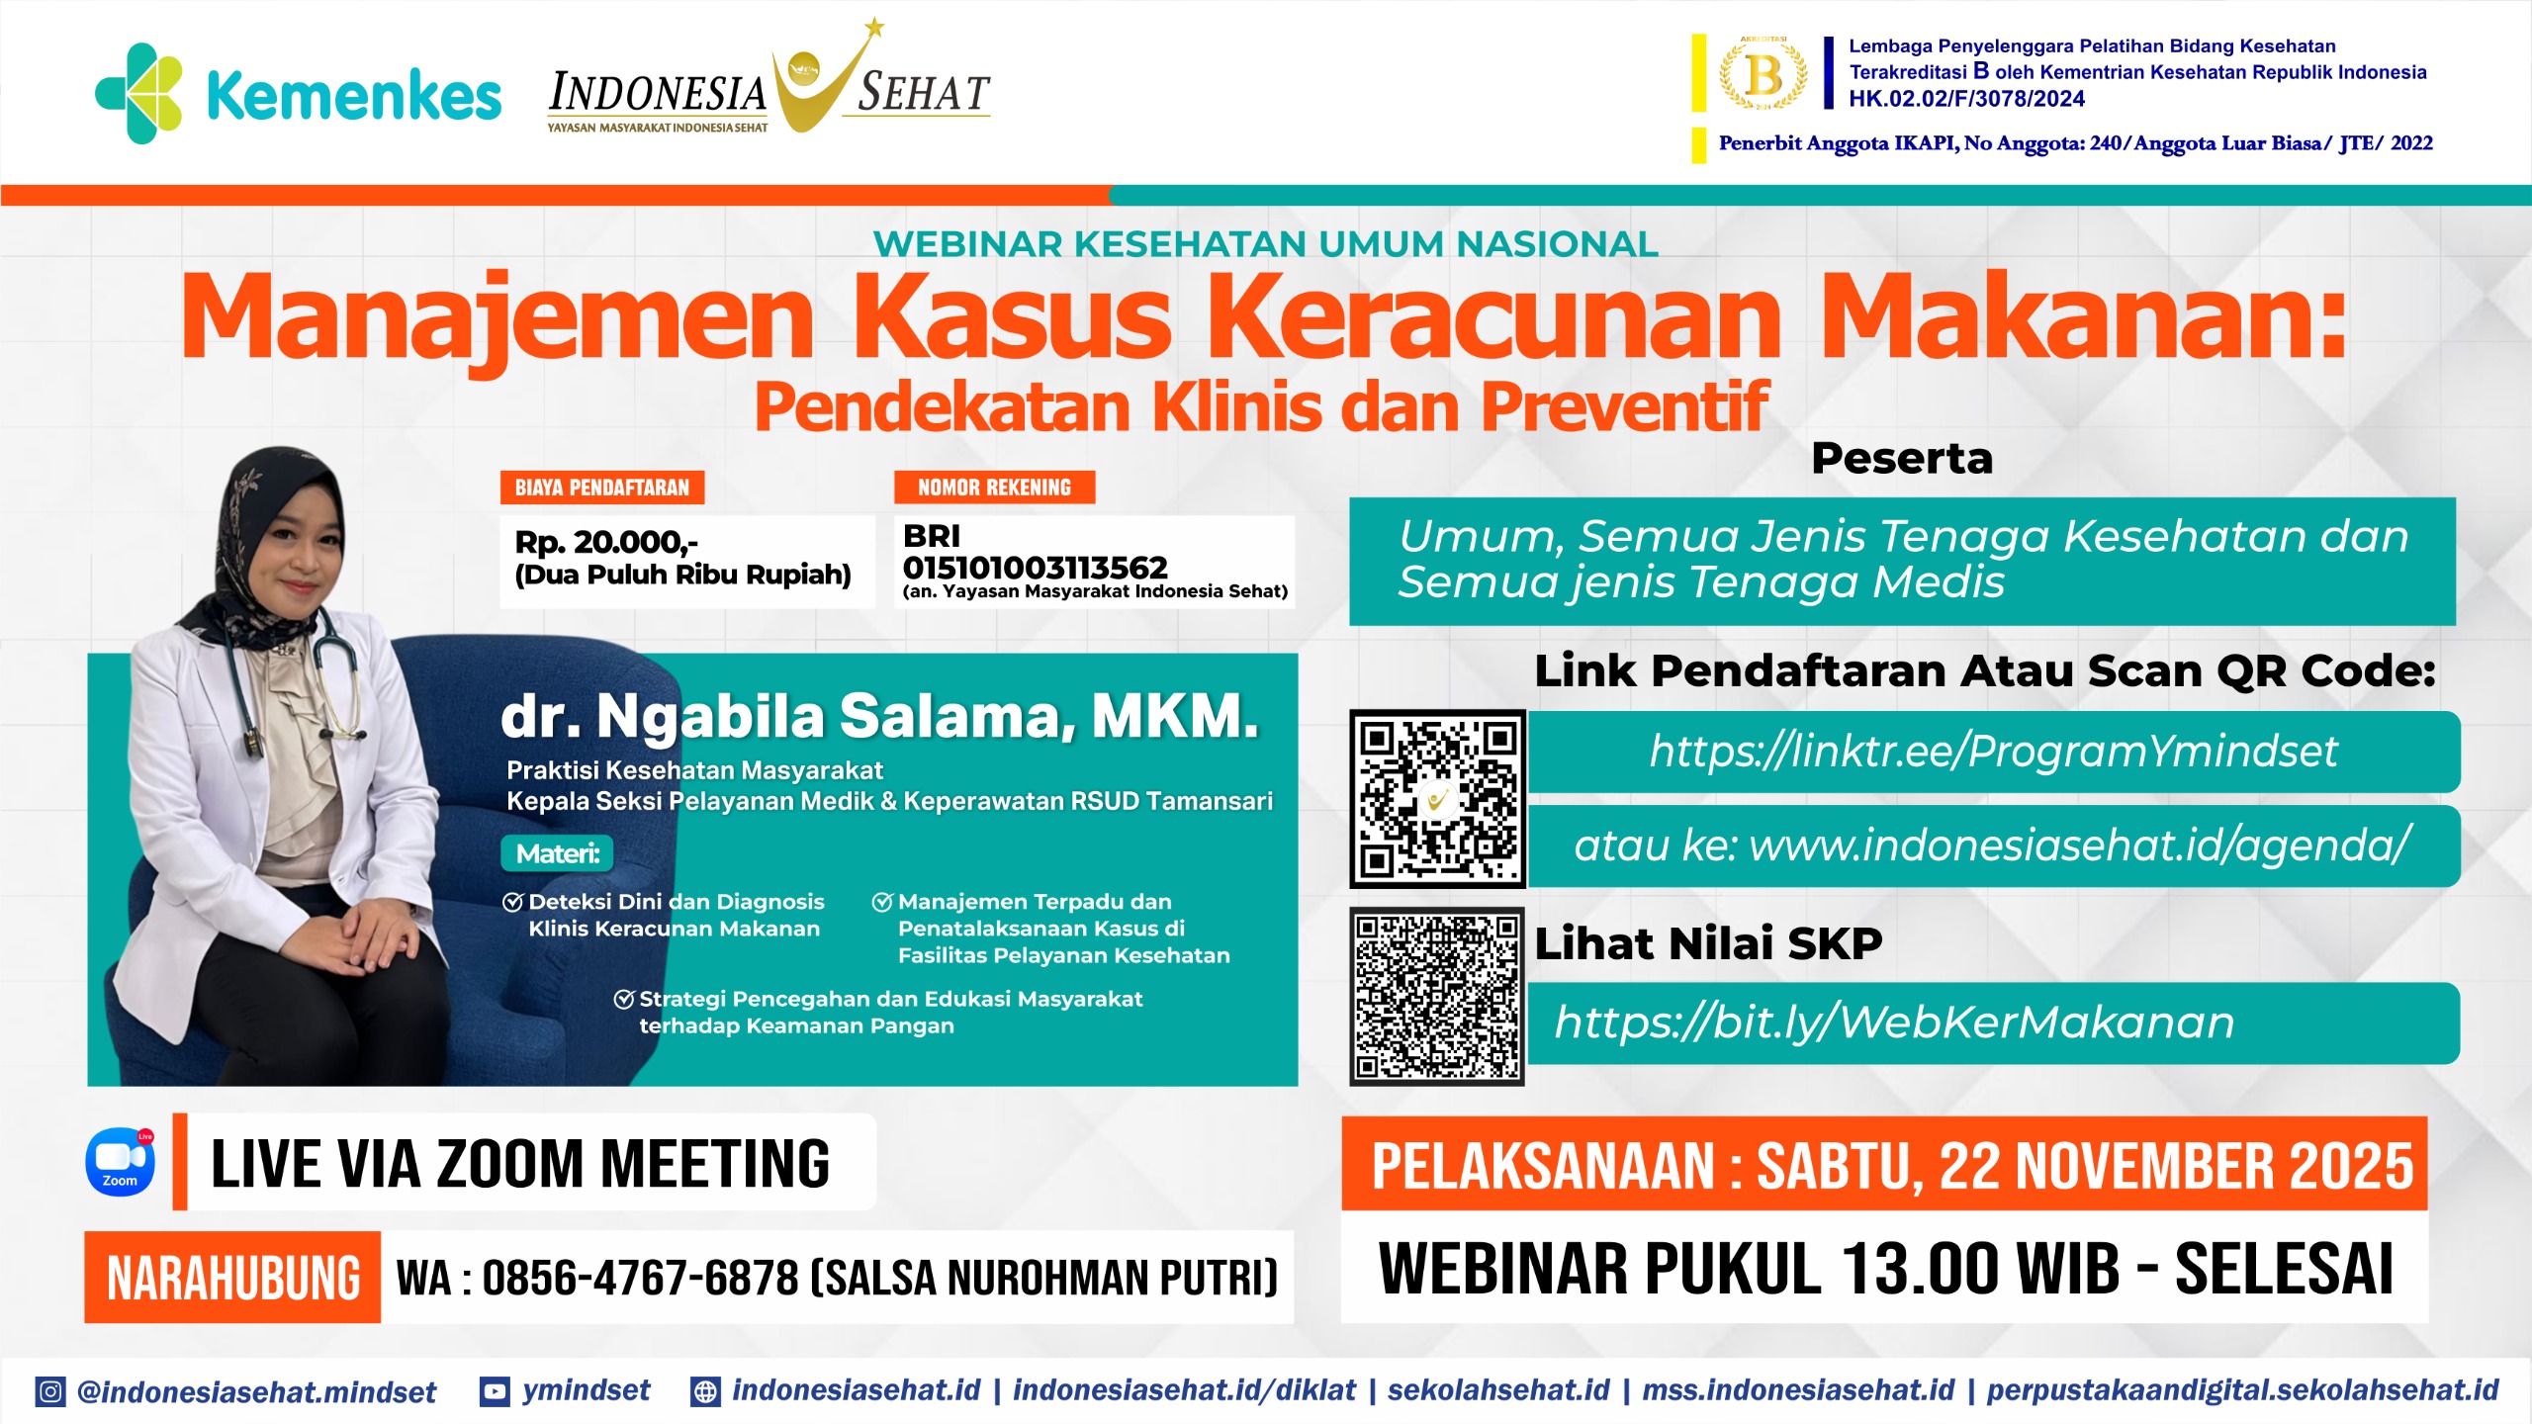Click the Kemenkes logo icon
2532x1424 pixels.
(x=138, y=93)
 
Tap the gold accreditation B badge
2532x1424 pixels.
(x=1763, y=73)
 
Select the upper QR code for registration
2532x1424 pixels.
(x=1437, y=799)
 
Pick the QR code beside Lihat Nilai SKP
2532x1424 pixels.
(x=1437, y=996)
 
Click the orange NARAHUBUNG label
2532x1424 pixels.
(x=232, y=1277)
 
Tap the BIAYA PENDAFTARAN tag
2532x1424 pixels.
(x=602, y=488)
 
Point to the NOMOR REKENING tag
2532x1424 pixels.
(x=994, y=488)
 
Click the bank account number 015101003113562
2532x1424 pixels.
(x=1035, y=568)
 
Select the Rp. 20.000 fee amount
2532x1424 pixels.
(x=606, y=542)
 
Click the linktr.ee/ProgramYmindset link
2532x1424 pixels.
(x=1993, y=752)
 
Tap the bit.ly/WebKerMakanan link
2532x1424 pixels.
(x=1894, y=1023)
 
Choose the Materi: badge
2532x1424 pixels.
(x=557, y=853)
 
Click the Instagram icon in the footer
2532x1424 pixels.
(x=50, y=1392)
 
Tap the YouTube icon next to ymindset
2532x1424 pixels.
(x=495, y=1392)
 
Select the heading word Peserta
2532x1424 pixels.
(x=1902, y=459)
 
